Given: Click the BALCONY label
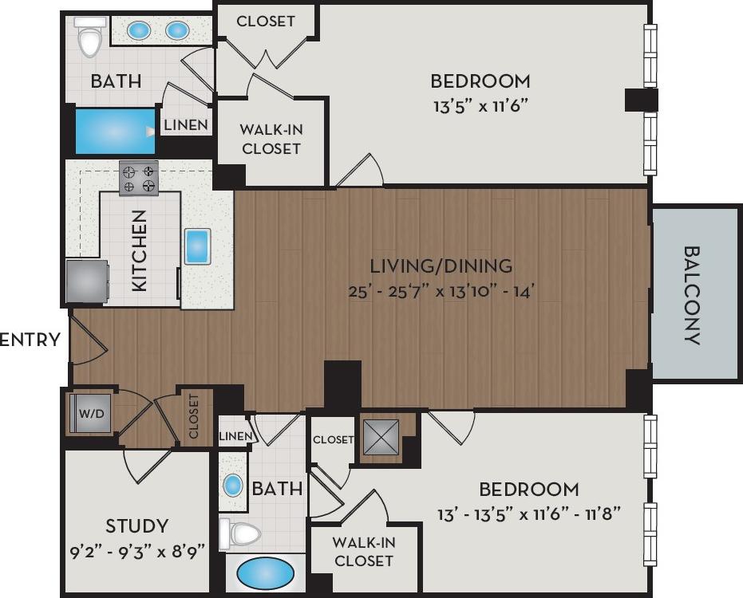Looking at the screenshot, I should pos(692,294).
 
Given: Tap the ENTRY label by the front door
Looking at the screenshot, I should pos(30,340).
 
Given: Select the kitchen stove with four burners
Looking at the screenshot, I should pos(138,178).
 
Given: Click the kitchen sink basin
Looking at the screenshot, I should pos(197,246).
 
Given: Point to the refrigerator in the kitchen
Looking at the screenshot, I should pos(86,281).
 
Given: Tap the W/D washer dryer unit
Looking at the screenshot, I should pos(89,414).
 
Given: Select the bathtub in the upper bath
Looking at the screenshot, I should pos(114,131).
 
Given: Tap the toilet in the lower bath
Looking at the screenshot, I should pos(241,533).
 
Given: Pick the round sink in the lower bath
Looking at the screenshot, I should pos(233,485).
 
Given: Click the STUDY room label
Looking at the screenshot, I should pos(137,526).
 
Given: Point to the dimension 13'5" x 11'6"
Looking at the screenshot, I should pos(480,104).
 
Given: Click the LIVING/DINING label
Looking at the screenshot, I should pos(441,266).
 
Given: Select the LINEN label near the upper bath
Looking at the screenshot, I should pos(187,125).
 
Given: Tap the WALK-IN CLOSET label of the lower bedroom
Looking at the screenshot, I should pos(363,551).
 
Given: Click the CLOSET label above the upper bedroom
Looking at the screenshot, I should pos(266,22).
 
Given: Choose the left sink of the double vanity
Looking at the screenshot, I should pos(140,30).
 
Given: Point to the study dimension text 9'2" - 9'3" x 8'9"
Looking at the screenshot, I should pos(137,549).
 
